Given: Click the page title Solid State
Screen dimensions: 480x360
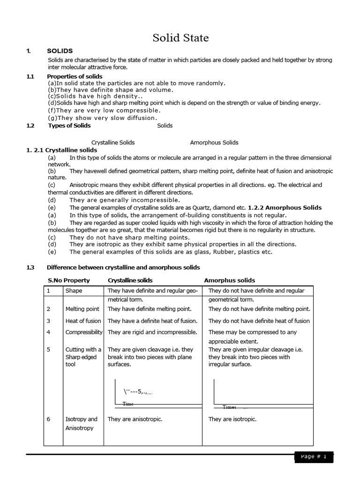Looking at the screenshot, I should (x=180, y=38).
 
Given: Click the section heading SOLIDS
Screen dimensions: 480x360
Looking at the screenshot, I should (x=60, y=51).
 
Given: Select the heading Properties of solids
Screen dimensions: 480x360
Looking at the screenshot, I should (x=75, y=76).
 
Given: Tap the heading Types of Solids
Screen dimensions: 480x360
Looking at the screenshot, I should (x=69, y=126).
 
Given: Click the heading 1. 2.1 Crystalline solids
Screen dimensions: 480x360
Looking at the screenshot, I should (x=61, y=150).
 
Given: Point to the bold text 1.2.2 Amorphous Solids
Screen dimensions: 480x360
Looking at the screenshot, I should (x=285, y=207).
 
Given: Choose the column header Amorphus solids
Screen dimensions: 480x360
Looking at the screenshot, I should (x=229, y=280).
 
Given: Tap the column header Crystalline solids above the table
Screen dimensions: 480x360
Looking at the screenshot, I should (x=129, y=280).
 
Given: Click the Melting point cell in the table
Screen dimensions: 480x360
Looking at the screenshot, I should (x=82, y=309).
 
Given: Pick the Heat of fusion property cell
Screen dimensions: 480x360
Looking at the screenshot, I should (x=83, y=321).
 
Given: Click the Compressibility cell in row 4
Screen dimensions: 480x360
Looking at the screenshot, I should (x=84, y=332).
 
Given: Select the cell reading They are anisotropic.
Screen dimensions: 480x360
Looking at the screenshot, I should (x=135, y=419).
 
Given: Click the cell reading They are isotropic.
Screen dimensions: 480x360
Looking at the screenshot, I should (x=232, y=419).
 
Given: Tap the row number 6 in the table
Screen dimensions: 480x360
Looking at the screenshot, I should (x=48, y=419).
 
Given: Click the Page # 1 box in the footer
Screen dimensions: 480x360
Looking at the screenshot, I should (x=314, y=457).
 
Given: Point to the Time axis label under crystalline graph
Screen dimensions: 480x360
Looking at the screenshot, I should (x=128, y=404).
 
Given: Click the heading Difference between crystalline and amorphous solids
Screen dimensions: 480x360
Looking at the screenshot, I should (x=123, y=267).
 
